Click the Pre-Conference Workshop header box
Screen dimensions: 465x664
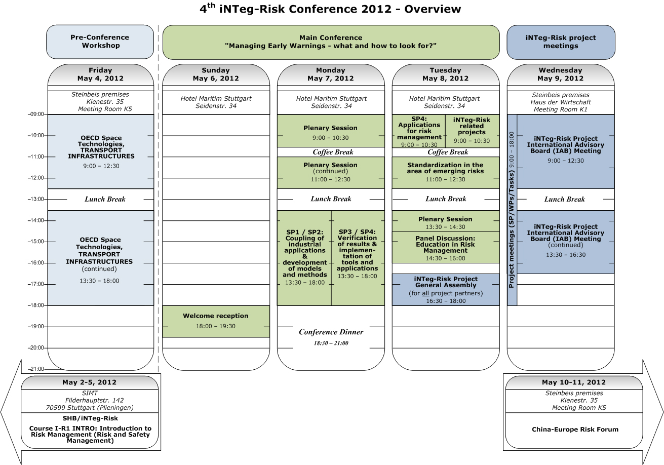pos(100,42)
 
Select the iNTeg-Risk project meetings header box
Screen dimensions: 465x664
pos(561,42)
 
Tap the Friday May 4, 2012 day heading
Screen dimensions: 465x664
pos(100,74)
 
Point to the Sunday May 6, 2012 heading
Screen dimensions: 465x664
pos(216,74)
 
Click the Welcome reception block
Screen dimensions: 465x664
pos(216,321)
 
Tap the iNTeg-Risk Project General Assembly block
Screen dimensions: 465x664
pos(446,290)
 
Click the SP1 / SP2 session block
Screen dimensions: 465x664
pos(304,257)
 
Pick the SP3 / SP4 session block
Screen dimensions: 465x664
pos(358,257)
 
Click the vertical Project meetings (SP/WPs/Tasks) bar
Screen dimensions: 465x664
pos(512,210)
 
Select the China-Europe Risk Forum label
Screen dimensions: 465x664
pos(575,430)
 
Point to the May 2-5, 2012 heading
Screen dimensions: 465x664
pos(90,382)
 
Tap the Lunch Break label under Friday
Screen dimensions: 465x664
pos(105,199)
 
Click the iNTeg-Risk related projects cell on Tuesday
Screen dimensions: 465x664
pos(472,130)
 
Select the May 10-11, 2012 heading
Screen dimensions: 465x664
pos(574,382)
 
